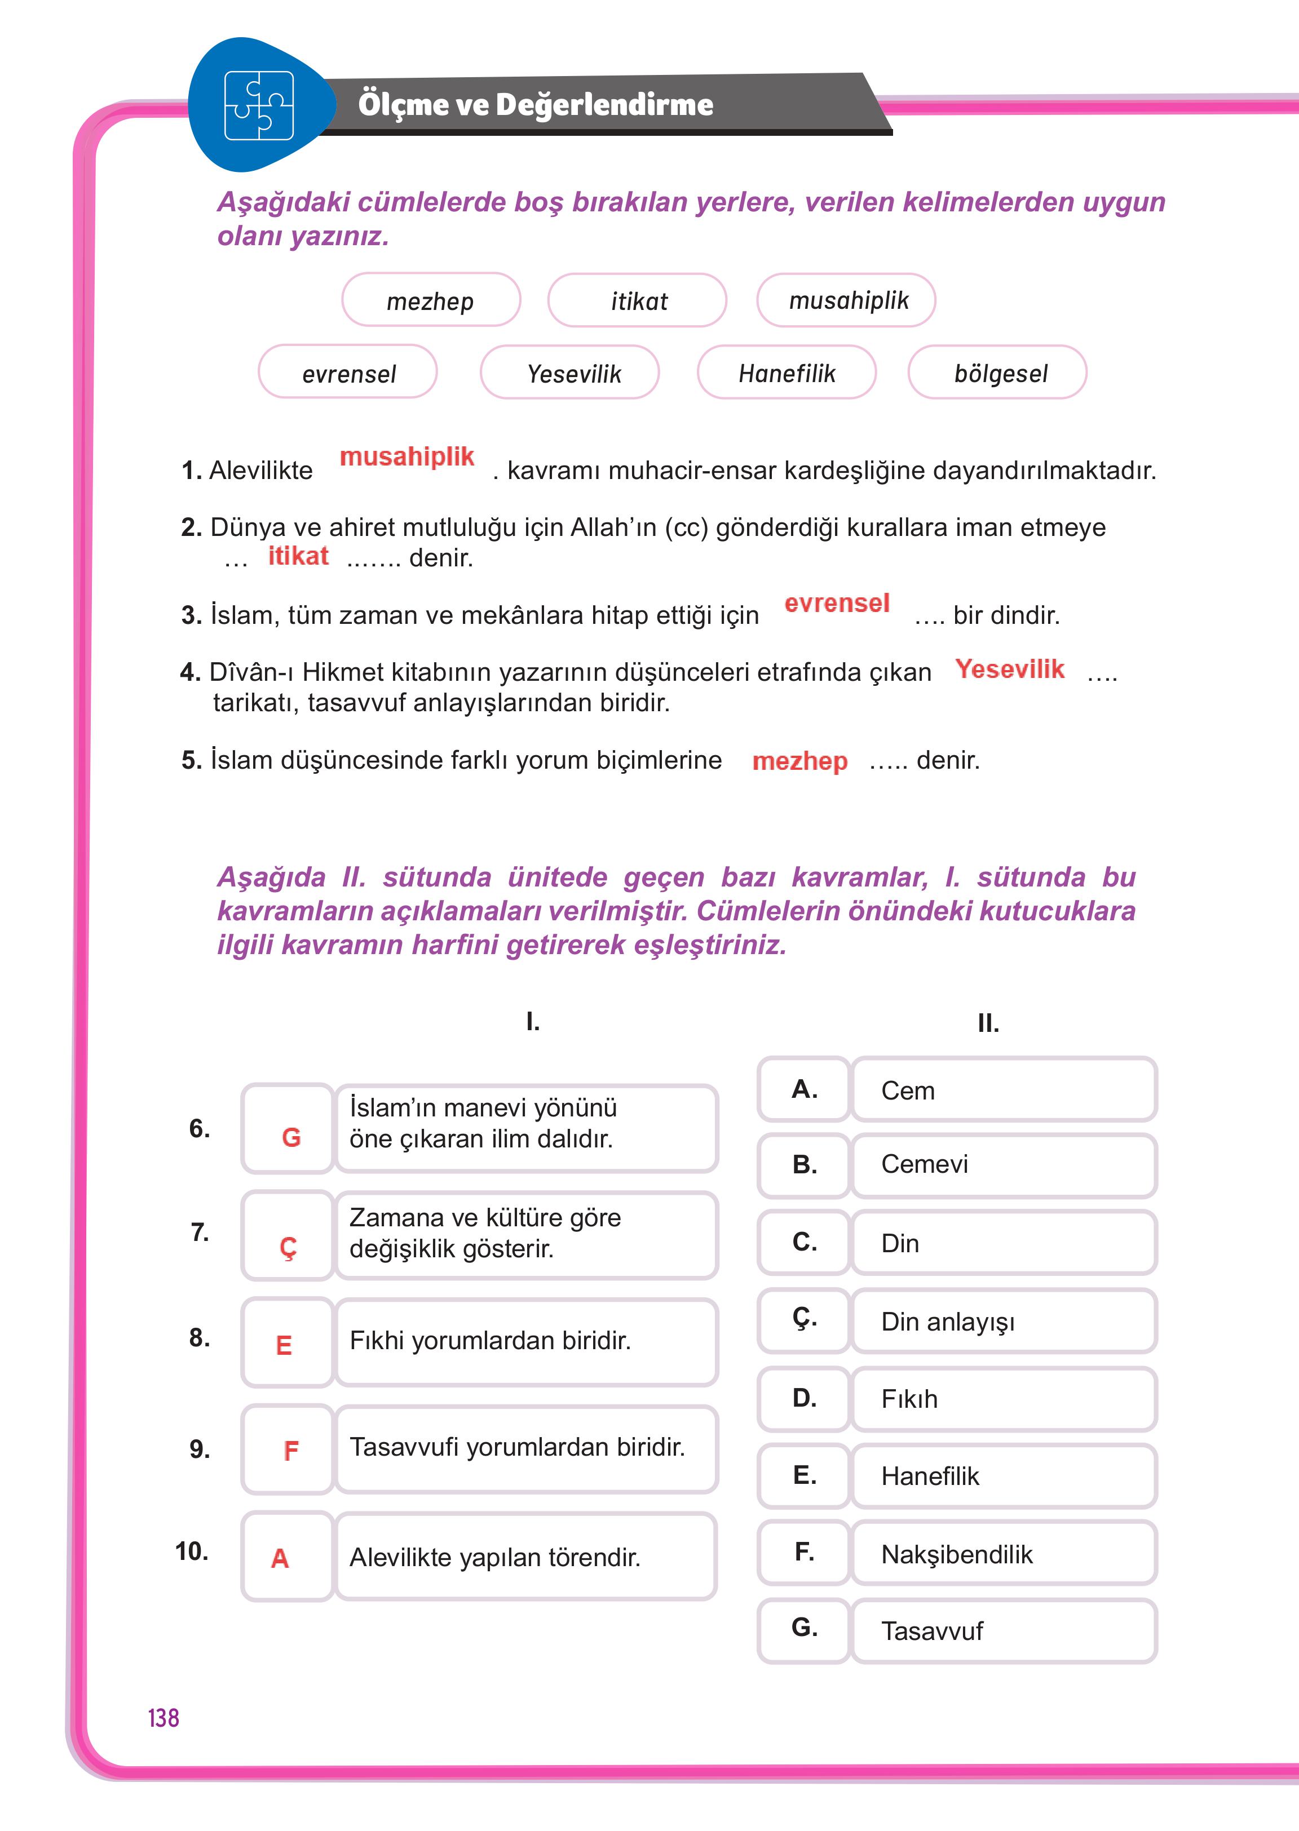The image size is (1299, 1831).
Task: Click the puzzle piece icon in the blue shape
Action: tap(258, 105)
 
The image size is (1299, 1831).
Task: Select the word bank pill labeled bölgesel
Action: tap(997, 373)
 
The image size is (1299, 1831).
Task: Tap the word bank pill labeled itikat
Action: tap(638, 300)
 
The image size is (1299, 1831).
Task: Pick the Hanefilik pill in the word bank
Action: tap(787, 373)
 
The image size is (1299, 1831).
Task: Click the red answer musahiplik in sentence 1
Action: tap(407, 456)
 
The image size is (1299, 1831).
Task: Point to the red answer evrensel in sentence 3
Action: tap(837, 603)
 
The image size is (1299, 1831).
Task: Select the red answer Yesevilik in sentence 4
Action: tap(1009, 670)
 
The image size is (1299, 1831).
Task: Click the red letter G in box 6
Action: tap(291, 1137)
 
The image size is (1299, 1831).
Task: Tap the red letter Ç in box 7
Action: tap(288, 1247)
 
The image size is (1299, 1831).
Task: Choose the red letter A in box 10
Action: tap(280, 1558)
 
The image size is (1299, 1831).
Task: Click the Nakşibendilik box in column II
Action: tap(1004, 1554)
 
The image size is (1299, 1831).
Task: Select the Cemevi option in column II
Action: tap(1004, 1164)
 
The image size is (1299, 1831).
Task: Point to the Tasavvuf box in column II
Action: tap(1004, 1630)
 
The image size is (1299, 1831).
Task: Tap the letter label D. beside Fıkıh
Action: tap(804, 1398)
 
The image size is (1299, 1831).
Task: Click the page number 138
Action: tap(163, 1718)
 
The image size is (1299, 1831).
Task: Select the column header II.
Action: tap(988, 1023)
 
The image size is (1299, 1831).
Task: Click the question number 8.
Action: tap(199, 1337)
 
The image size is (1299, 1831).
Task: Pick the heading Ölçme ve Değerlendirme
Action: tap(535, 105)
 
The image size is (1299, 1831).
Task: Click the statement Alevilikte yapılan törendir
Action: tap(495, 1557)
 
